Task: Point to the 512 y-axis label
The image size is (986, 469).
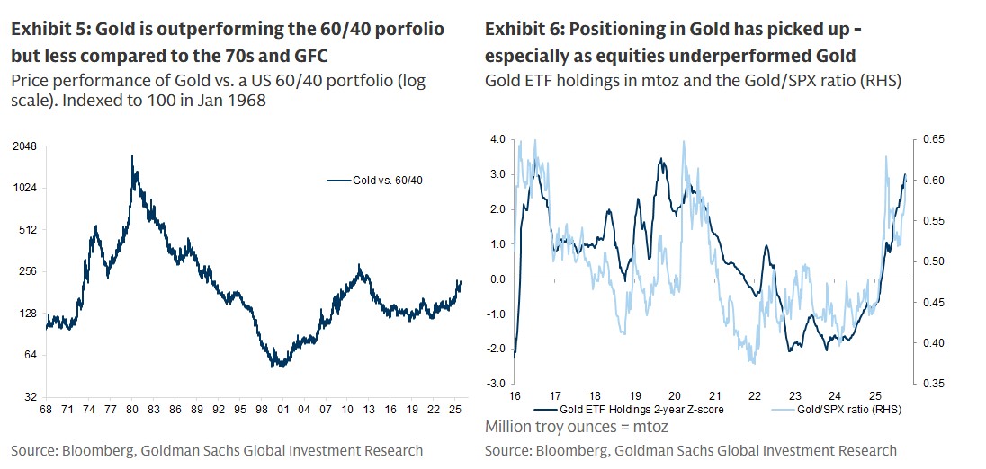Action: point(28,229)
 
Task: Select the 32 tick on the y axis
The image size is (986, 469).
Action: point(31,396)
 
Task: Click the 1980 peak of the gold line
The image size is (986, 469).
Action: point(132,156)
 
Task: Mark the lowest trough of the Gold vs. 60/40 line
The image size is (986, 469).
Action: point(281,367)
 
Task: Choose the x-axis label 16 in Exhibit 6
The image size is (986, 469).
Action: point(514,395)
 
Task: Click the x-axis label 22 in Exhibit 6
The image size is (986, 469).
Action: point(754,395)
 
